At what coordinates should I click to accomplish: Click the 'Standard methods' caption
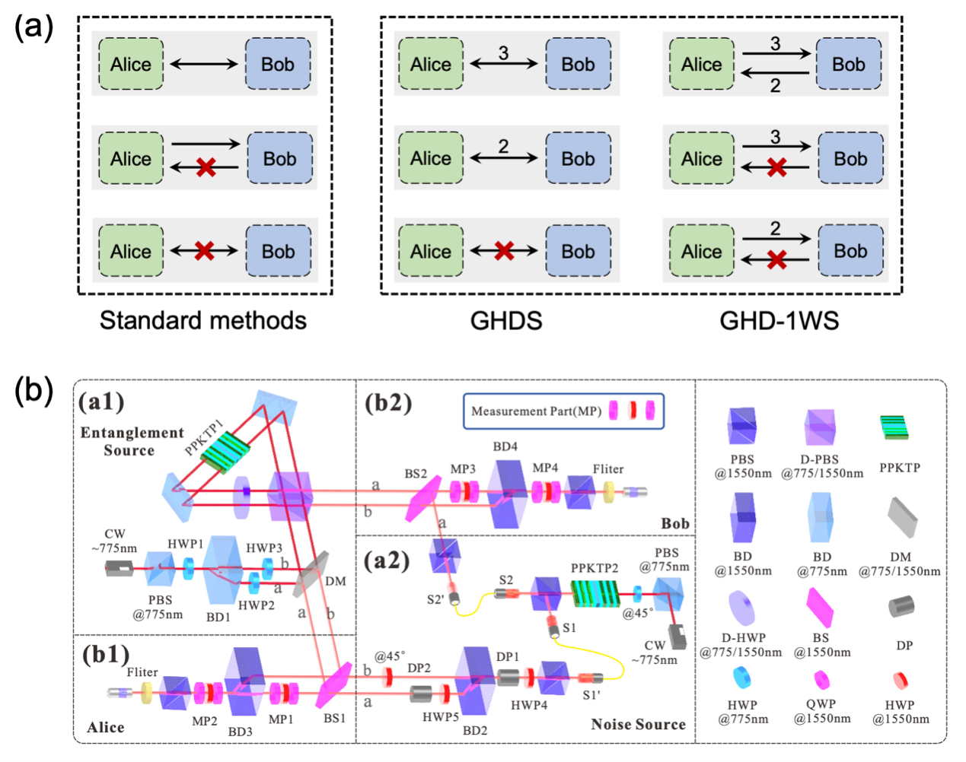tap(203, 320)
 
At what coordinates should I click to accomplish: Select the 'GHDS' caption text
tap(506, 320)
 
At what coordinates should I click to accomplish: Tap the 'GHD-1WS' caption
tap(779, 320)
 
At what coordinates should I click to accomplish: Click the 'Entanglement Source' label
tap(132, 441)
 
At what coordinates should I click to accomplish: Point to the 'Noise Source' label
tap(638, 724)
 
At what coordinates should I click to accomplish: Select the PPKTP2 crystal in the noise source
tap(595, 593)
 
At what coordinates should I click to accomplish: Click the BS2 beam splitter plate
tap(423, 500)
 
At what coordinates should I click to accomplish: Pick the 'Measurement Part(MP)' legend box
tap(563, 411)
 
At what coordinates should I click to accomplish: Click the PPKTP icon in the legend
tap(895, 427)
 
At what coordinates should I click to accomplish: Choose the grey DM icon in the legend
tap(902, 517)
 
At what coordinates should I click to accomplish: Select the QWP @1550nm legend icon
tap(822, 679)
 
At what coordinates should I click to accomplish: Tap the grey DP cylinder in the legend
tap(901, 607)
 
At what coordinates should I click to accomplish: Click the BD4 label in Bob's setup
tap(505, 446)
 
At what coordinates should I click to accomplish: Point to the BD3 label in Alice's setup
tap(240, 732)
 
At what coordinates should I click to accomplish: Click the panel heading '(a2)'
tap(387, 560)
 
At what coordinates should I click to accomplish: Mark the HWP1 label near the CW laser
tap(186, 545)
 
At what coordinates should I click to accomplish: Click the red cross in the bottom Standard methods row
tap(203, 251)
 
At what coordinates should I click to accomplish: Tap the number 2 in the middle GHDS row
tap(503, 146)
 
